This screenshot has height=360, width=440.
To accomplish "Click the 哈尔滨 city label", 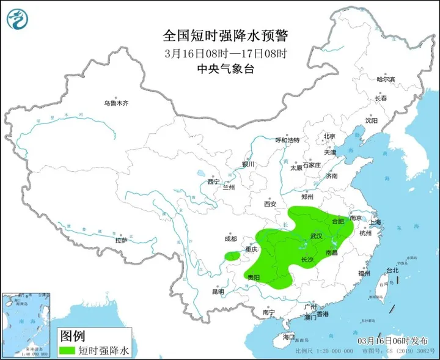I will [386, 79].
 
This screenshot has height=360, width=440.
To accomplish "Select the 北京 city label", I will [329, 136].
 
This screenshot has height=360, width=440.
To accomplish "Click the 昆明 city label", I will [218, 292].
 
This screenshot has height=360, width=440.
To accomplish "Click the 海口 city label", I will [288, 337].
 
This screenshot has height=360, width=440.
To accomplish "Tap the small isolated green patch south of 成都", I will [232, 257].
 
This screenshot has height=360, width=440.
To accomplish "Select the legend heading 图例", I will [72, 336].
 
